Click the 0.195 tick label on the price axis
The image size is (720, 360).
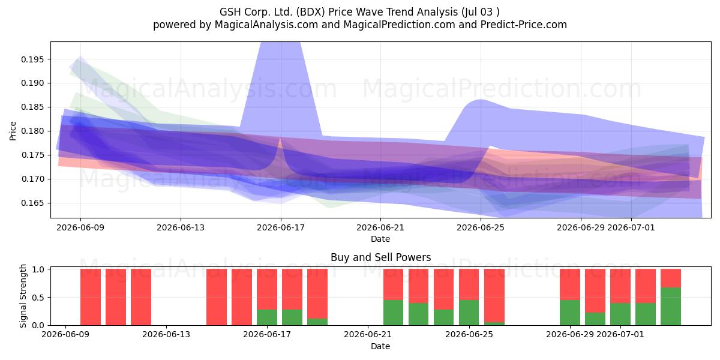(x=32, y=59)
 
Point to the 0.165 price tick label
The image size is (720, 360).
(x=32, y=203)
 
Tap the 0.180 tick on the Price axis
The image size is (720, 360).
(x=32, y=131)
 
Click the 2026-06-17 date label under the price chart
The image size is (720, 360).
(x=281, y=228)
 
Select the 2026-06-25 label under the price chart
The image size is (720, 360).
(x=481, y=228)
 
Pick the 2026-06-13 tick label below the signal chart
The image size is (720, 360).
(x=166, y=335)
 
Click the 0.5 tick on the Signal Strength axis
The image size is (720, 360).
(x=38, y=298)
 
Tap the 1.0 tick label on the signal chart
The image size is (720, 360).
(x=38, y=269)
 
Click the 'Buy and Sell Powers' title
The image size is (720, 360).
(x=380, y=257)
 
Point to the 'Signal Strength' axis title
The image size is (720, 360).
(x=23, y=296)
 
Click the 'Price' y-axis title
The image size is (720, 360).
(x=13, y=131)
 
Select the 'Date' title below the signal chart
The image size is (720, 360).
(x=380, y=347)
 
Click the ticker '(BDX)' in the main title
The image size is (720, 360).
(x=311, y=12)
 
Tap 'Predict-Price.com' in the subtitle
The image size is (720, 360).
(x=524, y=25)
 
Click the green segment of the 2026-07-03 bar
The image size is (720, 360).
(x=671, y=307)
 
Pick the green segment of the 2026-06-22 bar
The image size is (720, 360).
(x=393, y=313)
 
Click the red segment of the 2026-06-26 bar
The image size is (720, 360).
(x=494, y=295)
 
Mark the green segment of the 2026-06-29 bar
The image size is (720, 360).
(x=570, y=313)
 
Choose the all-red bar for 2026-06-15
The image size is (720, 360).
(x=217, y=297)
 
